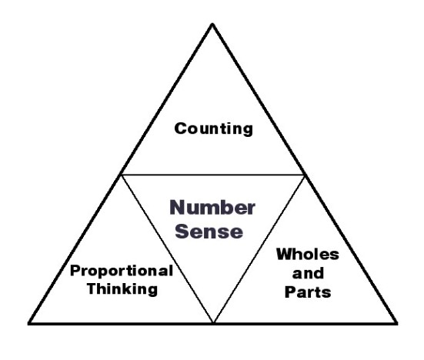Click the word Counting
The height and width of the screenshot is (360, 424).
pos(214,129)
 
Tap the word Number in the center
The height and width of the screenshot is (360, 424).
pos(212,208)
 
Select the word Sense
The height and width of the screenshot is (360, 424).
pos(209,232)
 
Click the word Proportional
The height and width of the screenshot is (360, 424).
pos(122,272)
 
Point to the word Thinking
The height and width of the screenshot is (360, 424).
pos(122,289)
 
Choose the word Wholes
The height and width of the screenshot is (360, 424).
pos(308,255)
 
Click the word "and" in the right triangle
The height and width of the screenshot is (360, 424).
pos(308,273)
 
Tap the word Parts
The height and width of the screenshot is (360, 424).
pos(308,292)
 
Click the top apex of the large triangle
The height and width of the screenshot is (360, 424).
pos(212,24)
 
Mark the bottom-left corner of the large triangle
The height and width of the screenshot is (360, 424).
pos(28,323)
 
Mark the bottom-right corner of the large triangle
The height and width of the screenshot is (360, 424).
pos(397,323)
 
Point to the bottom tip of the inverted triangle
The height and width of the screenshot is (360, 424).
pos(213,322)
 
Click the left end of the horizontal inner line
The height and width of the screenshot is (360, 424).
pos(121,175)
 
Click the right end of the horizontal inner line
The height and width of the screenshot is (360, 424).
pos(305,175)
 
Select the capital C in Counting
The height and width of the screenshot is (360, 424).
pos(181,128)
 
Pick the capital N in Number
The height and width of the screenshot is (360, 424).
pos(178,208)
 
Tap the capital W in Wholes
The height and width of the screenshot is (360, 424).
pos(285,255)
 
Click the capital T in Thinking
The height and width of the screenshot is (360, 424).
pos(93,288)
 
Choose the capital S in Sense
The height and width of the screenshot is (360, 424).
pos(182,232)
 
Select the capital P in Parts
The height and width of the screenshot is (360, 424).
pos(290,292)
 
